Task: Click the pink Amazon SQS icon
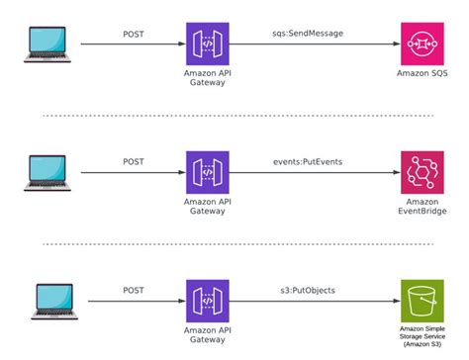422,45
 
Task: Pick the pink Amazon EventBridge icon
422,172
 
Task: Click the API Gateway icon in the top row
207,45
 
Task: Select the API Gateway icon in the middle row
207,172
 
